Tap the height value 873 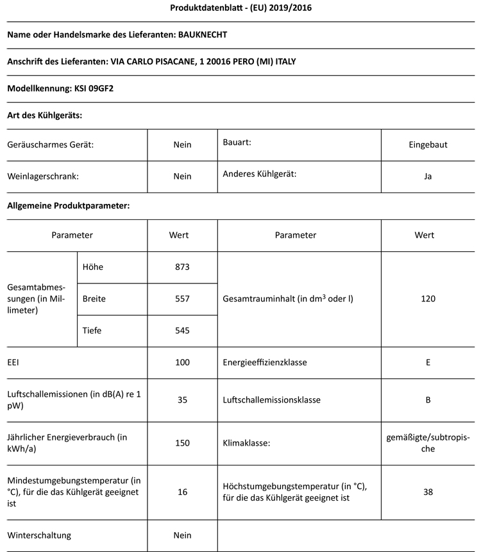point(182,267)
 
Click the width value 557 point(182,299)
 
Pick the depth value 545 point(182,331)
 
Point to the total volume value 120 point(428,299)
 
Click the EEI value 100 point(182,362)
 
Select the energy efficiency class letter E point(428,362)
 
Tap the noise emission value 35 point(182,400)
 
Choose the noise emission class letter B point(428,400)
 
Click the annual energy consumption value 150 point(182,443)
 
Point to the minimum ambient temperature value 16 point(182,492)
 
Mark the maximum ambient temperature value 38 point(428,492)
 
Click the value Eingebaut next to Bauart point(428,145)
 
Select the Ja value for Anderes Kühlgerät point(428,176)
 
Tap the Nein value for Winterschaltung point(182,535)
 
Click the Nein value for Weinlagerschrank point(182,176)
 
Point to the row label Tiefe point(92,331)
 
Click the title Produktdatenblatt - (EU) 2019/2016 point(241,8)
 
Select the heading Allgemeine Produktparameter point(69,206)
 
